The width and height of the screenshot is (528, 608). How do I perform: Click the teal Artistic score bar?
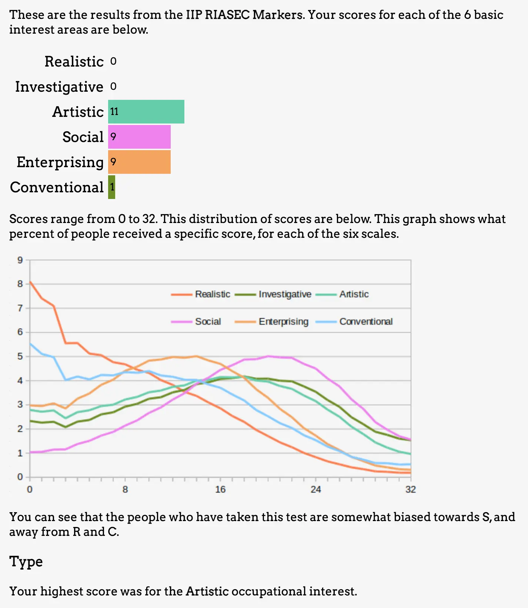pos(146,112)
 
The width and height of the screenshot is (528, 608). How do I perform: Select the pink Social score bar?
pos(139,137)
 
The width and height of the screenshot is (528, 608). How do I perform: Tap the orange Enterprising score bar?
pos(139,162)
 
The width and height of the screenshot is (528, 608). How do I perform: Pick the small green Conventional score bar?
pos(111,187)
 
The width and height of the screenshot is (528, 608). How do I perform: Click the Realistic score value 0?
pos(113,61)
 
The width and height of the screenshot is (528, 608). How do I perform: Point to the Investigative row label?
pos(59,87)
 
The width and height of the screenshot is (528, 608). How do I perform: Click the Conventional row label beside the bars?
pos(57,188)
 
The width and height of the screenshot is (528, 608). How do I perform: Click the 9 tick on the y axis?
pos(20,260)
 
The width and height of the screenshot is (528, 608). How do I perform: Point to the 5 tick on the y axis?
pos(20,357)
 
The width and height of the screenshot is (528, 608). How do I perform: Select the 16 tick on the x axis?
pos(220,490)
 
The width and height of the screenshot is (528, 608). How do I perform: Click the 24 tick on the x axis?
pos(315,490)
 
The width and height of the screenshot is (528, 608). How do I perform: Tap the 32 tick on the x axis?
pos(411,490)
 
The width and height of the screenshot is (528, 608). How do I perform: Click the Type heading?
pos(26,562)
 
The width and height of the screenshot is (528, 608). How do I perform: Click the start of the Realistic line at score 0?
pos(30,282)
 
